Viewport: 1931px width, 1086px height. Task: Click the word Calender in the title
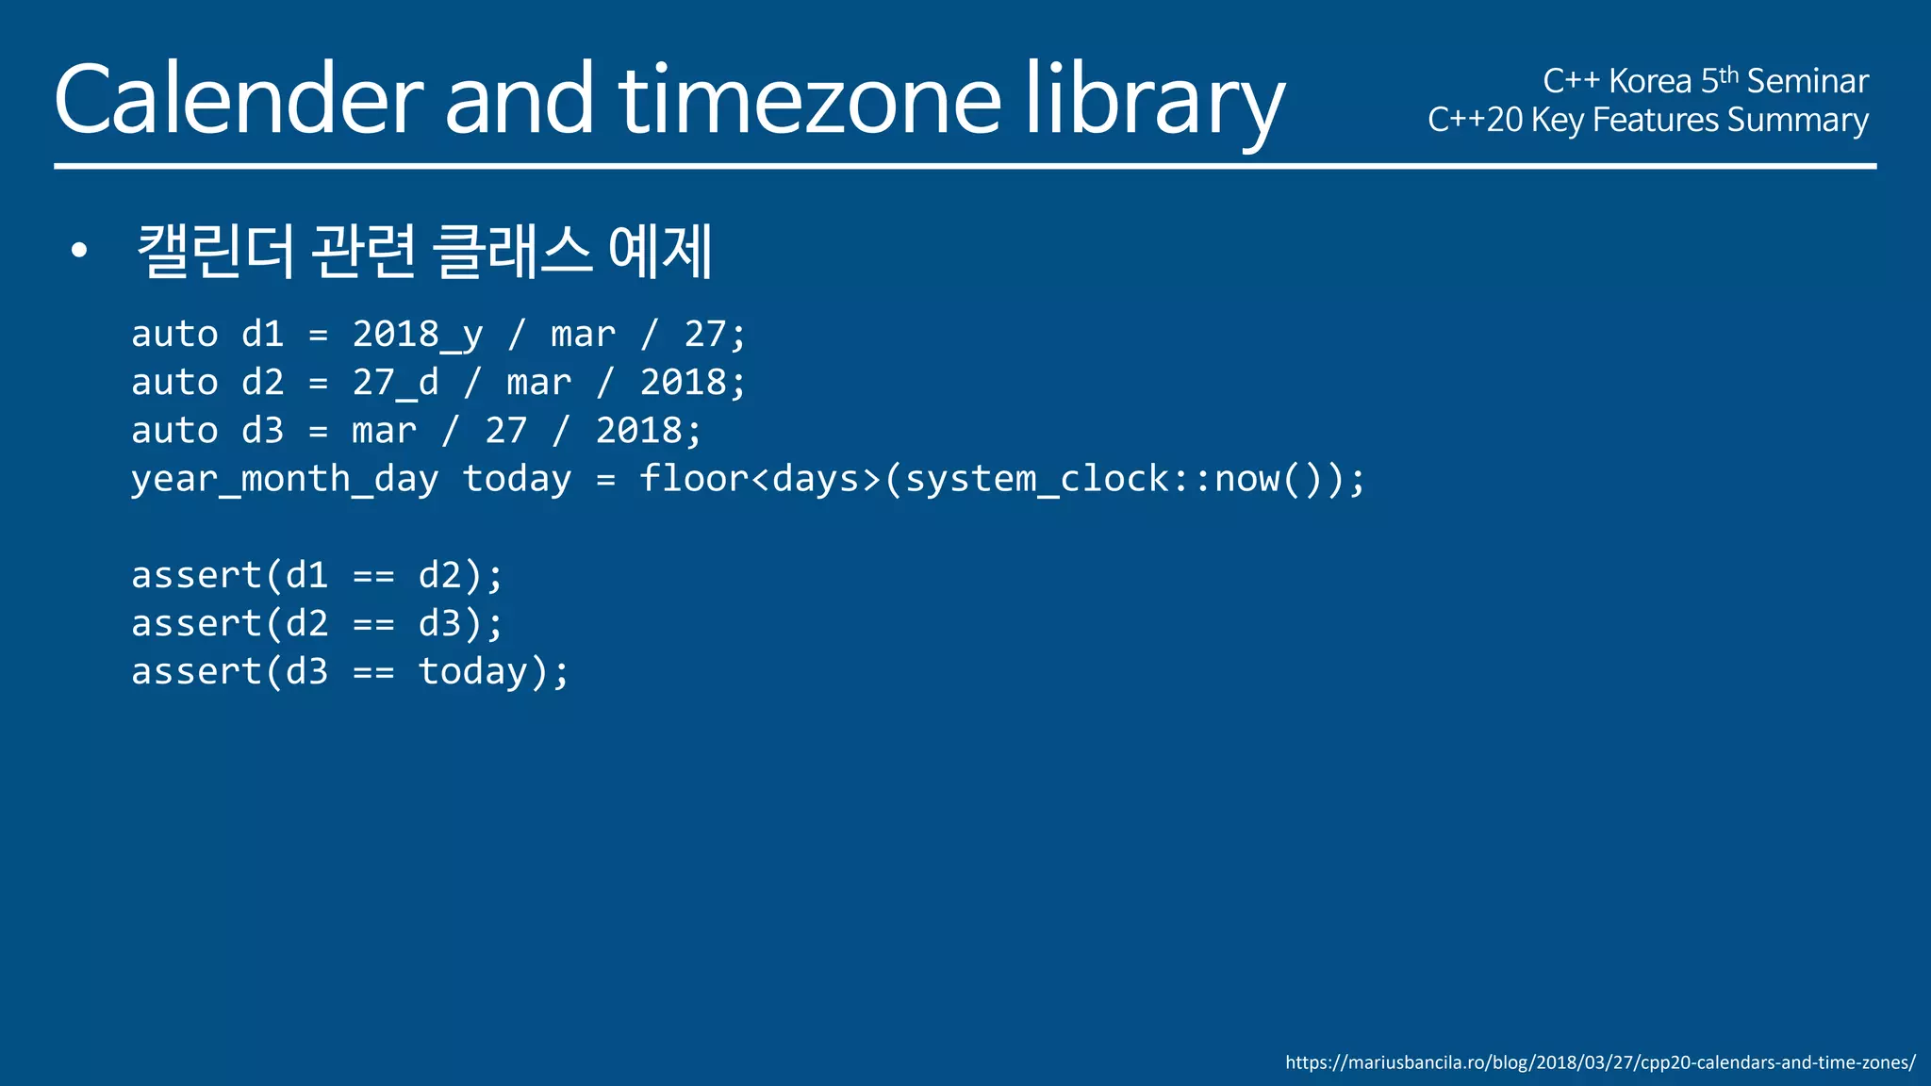click(x=239, y=100)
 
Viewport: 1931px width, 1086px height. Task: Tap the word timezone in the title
click(x=809, y=100)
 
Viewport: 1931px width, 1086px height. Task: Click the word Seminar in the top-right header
click(x=1807, y=81)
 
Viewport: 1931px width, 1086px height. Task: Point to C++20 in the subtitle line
click(x=1475, y=120)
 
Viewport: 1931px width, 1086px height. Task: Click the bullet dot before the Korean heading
click(x=79, y=251)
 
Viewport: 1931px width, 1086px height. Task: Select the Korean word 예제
click(x=659, y=251)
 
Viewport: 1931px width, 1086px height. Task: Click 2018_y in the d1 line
click(x=418, y=335)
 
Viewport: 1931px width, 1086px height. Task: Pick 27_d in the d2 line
click(x=395, y=383)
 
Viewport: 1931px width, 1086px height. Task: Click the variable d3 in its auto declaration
click(x=262, y=431)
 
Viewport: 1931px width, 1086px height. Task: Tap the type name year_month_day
click(x=284, y=479)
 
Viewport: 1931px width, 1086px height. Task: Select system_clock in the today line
click(x=1037, y=479)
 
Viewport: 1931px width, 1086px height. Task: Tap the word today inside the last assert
click(x=473, y=672)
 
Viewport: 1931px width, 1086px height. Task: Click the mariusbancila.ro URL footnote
click(x=1600, y=1062)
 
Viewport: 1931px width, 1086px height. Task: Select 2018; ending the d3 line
click(x=649, y=431)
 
